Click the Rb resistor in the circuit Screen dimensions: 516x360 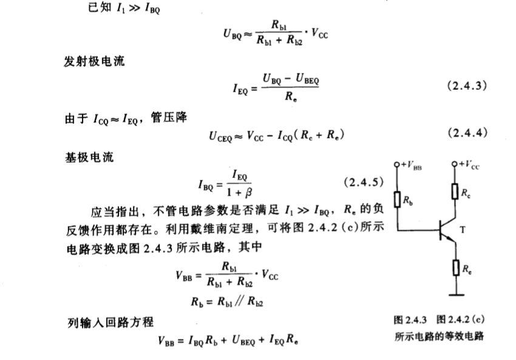click(397, 199)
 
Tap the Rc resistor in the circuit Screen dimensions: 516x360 click(455, 192)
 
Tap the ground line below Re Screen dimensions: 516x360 click(455, 294)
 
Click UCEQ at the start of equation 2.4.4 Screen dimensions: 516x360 click(222, 135)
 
